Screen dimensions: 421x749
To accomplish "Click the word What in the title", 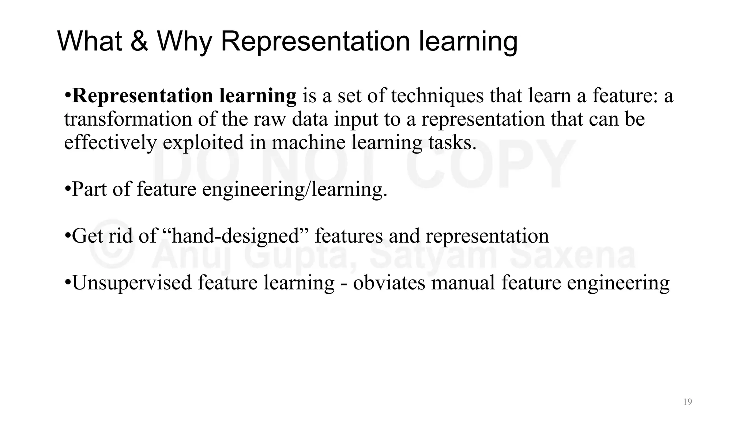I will (x=90, y=41).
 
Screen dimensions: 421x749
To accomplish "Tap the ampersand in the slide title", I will (x=139, y=41).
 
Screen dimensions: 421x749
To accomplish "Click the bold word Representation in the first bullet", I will (x=143, y=96).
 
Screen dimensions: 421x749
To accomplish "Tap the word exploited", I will (x=203, y=143).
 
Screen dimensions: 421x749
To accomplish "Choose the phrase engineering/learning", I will (x=294, y=190).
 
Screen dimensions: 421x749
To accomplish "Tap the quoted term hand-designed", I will (x=236, y=236).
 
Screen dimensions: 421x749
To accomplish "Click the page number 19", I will (x=688, y=402).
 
